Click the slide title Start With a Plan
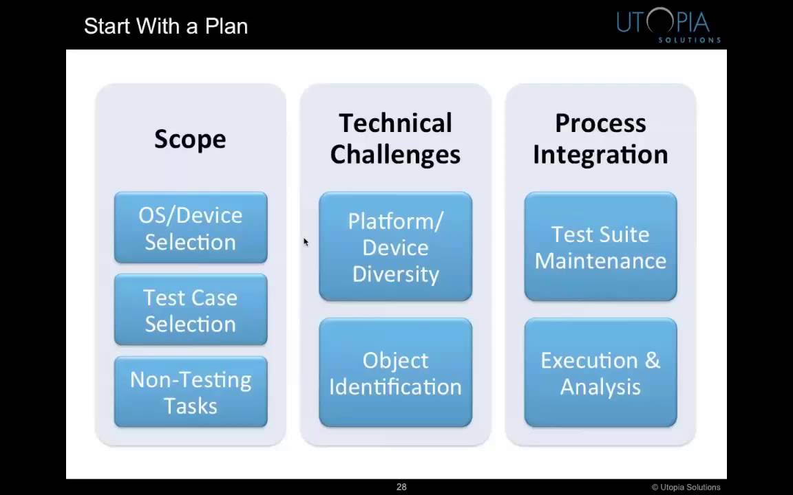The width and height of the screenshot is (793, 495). (166, 26)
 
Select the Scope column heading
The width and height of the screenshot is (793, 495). (190, 139)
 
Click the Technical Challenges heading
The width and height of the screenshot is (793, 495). (395, 139)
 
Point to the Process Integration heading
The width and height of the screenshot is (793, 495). (600, 139)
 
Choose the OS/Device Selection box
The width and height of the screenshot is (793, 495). (191, 228)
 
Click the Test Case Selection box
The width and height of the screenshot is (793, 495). (191, 310)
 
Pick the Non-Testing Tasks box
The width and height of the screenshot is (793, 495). (191, 392)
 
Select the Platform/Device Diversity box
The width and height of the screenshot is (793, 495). (395, 247)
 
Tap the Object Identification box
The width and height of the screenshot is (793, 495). (395, 373)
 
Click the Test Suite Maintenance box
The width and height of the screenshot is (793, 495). (600, 247)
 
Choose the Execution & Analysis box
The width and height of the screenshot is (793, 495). (600, 373)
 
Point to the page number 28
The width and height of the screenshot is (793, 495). (401, 487)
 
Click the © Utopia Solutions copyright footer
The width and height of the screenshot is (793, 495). (686, 487)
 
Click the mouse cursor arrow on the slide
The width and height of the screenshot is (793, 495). (306, 242)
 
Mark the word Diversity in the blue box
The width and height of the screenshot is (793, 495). (395, 274)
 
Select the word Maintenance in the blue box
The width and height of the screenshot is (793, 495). (600, 261)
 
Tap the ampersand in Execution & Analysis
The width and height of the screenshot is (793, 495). (652, 360)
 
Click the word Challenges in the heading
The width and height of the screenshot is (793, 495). (395, 154)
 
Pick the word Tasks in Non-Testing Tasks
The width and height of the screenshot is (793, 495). (191, 406)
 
